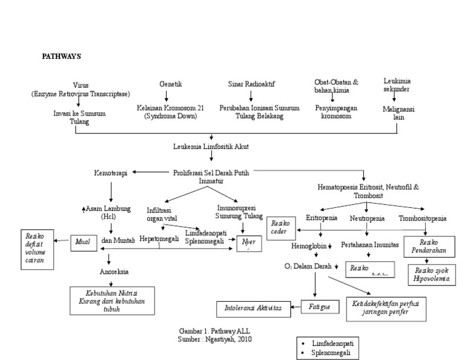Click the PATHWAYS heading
(61, 56)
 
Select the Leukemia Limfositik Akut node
(211, 147)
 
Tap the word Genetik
(171, 84)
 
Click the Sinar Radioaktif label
(251, 84)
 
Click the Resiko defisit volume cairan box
(38, 249)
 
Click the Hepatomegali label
(159, 239)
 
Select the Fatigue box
(319, 307)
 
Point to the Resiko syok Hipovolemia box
(429, 273)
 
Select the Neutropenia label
(368, 218)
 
